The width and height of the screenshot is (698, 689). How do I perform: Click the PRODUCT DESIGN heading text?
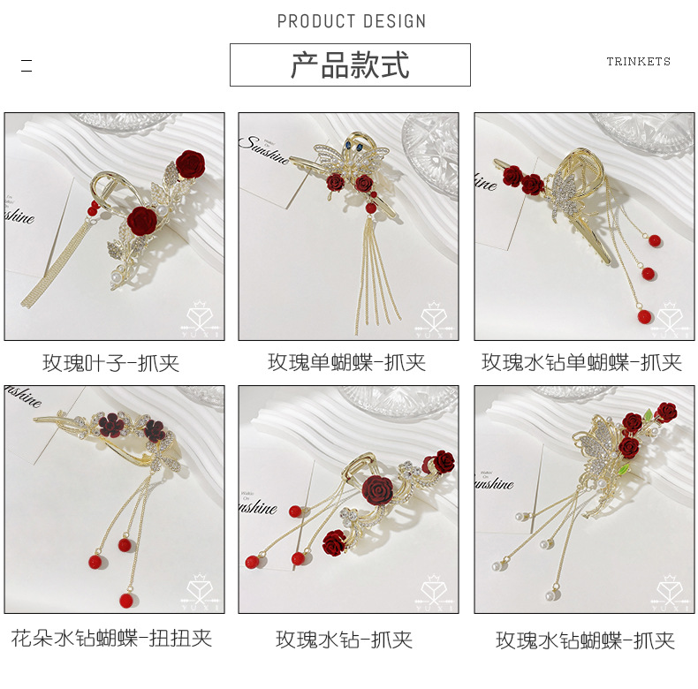tap(351, 21)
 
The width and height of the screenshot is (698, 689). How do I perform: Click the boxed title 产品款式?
tap(350, 65)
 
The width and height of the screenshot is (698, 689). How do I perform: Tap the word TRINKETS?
tap(638, 62)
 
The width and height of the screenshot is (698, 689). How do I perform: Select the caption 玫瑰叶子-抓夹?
tap(114, 362)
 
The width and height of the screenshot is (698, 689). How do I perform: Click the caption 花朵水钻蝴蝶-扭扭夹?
tap(112, 638)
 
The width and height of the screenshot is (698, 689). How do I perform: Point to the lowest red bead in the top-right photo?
tap(640, 315)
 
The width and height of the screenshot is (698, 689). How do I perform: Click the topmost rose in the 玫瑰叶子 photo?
tap(189, 163)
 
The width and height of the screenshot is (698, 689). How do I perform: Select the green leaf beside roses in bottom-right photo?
tap(652, 414)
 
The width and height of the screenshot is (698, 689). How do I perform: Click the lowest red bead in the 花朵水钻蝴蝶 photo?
tap(124, 600)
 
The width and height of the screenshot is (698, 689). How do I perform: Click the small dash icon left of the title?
tap(27, 65)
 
